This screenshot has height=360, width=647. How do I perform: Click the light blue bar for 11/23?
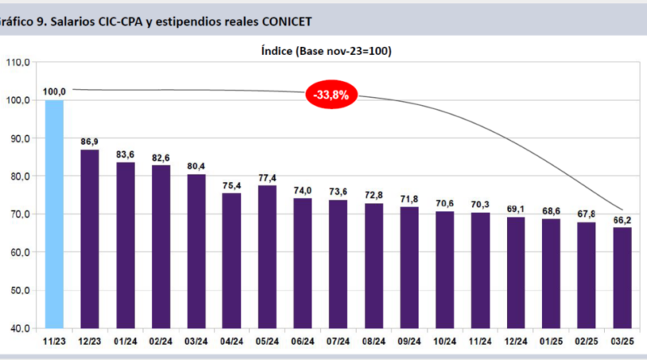(54, 214)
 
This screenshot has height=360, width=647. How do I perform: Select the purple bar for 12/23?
(90, 239)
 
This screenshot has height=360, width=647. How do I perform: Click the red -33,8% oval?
(332, 95)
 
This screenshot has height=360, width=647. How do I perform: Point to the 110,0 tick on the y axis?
(17, 62)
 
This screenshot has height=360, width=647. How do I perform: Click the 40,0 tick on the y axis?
(19, 328)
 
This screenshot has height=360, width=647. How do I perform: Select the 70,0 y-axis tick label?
(19, 214)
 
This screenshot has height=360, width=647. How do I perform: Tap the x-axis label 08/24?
(374, 343)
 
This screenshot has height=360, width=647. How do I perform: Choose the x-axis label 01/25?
(551, 343)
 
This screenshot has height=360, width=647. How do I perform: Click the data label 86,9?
(90, 142)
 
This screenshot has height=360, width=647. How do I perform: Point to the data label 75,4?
(231, 185)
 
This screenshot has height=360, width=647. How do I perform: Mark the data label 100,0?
(54, 91)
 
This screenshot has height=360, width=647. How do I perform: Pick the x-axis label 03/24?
(197, 343)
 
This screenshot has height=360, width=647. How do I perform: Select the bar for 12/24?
(515, 273)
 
